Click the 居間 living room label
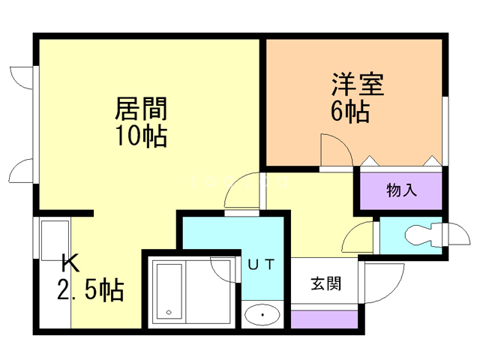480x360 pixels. click(140, 109)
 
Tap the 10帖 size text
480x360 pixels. click(140, 136)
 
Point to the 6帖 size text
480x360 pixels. click(349, 111)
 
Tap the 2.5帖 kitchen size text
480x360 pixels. click(91, 289)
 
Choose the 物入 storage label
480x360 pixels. click(401, 190)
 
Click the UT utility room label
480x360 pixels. click(262, 263)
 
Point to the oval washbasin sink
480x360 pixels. click(261, 315)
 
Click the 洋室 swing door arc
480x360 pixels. click(335, 151)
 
